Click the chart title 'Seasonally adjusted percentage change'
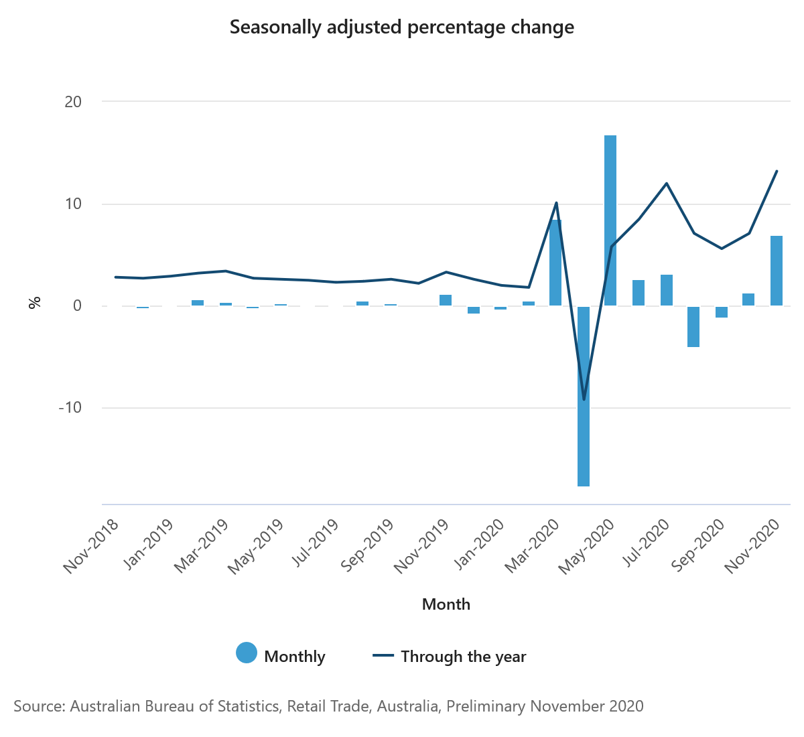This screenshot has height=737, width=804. point(402,27)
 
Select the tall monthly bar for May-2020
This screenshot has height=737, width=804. point(610,220)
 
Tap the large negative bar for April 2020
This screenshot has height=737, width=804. point(583,395)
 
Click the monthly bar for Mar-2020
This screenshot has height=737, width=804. point(555,263)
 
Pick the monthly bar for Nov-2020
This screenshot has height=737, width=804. point(776,271)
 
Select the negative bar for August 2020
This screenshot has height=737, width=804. point(693,326)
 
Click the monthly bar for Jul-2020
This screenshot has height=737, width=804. point(666,290)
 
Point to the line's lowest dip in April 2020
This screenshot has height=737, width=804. point(584,399)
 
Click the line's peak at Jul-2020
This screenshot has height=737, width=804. point(667,184)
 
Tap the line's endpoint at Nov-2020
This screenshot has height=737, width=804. point(777,171)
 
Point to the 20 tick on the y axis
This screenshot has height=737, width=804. point(73,102)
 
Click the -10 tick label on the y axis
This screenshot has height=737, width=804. point(70,407)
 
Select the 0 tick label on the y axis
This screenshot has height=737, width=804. point(77,306)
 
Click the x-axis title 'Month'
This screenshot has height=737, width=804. point(446,604)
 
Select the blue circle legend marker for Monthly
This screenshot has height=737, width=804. point(247,653)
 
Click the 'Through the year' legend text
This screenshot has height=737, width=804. point(463,657)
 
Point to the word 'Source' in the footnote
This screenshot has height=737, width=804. point(38,706)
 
